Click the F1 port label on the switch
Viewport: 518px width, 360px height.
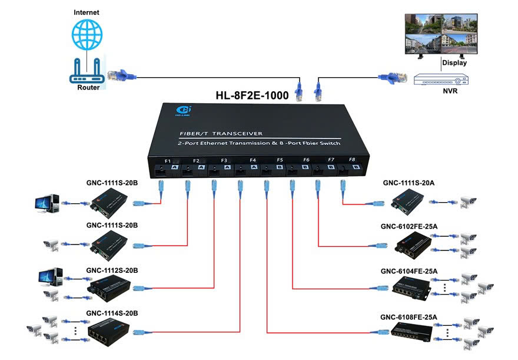(167, 161)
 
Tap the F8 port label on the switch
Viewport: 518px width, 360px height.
(352, 160)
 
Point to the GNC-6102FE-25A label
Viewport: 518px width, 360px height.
(409, 226)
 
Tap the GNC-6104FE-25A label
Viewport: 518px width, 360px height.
(409, 271)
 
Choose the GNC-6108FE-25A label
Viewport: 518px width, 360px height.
(409, 317)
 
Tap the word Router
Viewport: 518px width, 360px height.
(88, 88)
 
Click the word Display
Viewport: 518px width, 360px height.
(454, 62)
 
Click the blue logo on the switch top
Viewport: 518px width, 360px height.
(182, 110)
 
